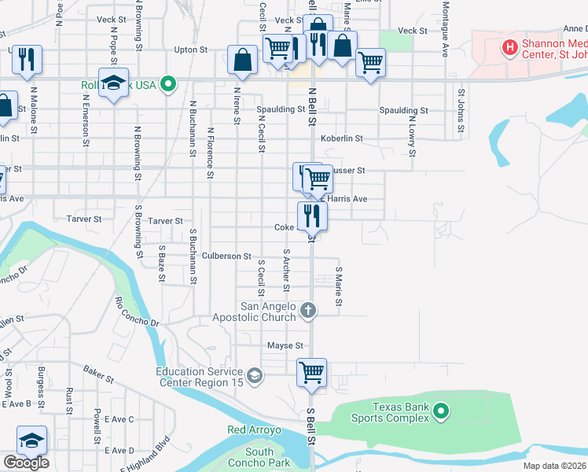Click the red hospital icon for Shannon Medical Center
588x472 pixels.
511,48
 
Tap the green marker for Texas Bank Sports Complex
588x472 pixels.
441,410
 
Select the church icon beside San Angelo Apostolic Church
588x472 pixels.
308,310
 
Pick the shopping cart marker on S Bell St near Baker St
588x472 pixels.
312,372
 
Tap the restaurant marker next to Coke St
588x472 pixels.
312,215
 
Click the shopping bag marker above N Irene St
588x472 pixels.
242,60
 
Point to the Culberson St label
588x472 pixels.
226,256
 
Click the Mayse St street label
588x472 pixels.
285,345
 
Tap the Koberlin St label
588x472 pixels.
341,138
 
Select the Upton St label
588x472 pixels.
190,49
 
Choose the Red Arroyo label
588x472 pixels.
254,430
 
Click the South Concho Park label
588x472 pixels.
259,457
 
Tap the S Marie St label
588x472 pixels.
339,287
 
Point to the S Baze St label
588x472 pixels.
161,264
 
